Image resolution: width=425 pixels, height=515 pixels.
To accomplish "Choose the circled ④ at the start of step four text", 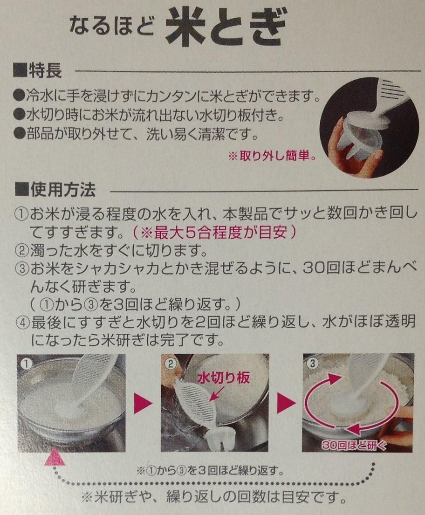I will (22, 322).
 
